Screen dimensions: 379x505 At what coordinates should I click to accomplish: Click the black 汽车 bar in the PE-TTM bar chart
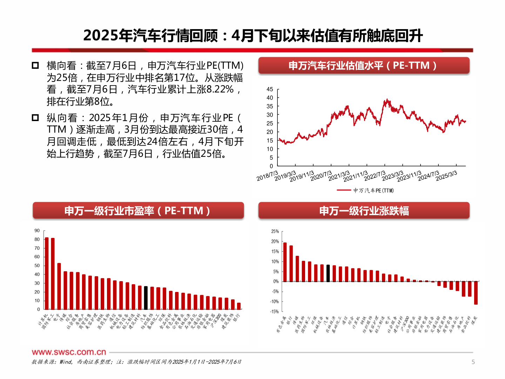coord(146,298)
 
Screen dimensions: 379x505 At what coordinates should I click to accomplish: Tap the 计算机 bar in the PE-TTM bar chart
coord(47,274)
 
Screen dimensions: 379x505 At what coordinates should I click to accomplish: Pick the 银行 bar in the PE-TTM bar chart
coord(239,306)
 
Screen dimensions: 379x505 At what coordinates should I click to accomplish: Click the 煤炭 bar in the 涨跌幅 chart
coord(476,293)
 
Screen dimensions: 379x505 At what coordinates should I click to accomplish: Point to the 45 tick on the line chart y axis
coord(270,89)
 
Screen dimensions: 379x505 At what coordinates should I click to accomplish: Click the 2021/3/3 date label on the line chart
coord(339,176)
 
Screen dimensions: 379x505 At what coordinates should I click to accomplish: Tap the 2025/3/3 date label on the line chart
coord(446,176)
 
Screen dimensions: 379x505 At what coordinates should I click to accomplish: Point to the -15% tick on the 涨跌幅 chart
coord(275,312)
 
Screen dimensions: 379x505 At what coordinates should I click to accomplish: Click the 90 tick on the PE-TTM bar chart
coord(37,231)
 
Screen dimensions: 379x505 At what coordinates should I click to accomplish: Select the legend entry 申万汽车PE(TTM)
coord(365,191)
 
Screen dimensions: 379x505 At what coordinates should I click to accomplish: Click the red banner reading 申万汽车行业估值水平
coord(364,66)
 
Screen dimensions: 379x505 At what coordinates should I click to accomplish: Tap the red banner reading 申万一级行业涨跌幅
coord(364,211)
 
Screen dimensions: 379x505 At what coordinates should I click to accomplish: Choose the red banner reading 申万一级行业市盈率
coord(138,211)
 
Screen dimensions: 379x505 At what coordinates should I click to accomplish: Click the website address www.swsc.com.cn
coord(69,352)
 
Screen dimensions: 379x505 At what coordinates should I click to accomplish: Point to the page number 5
coord(473,362)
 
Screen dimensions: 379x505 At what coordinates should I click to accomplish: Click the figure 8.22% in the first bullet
coord(220,89)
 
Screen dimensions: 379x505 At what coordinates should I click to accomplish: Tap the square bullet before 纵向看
coord(35,118)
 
